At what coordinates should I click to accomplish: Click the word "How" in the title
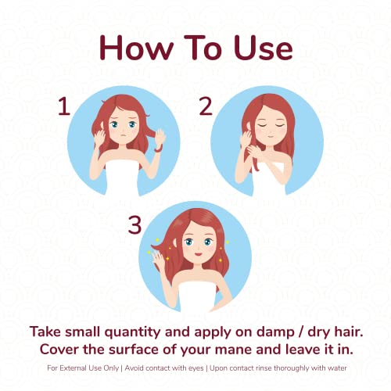[136, 48]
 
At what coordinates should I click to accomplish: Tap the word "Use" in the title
[264, 48]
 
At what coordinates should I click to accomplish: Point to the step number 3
[135, 224]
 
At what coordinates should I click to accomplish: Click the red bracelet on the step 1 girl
[158, 149]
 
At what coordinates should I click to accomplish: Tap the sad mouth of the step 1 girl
[123, 135]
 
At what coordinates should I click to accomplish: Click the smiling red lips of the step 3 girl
[199, 253]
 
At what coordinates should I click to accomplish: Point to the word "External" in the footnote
[74, 368]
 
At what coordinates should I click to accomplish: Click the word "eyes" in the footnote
[196, 368]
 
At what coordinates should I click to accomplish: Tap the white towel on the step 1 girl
[123, 178]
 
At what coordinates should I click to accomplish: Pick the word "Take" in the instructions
[46, 332]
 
